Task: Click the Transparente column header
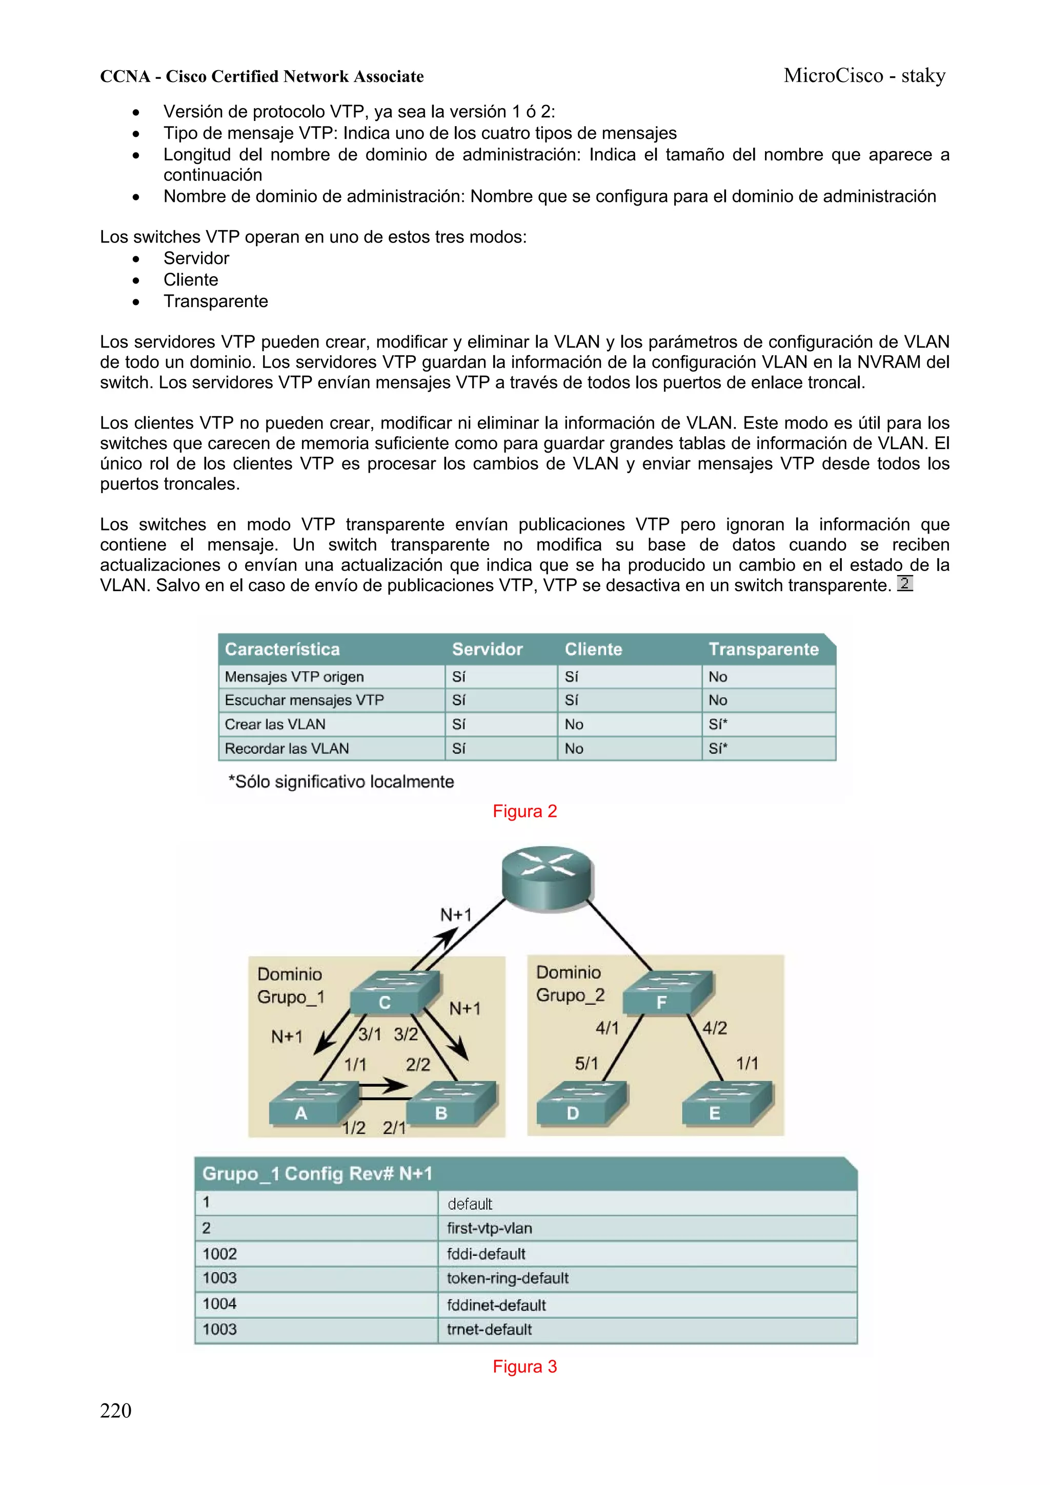click(x=763, y=649)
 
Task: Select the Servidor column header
click(x=487, y=649)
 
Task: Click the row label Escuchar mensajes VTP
click(x=304, y=700)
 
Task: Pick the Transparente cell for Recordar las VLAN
click(x=718, y=749)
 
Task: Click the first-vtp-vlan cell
click(x=489, y=1228)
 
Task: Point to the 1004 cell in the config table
click(x=219, y=1304)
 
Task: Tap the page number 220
click(x=116, y=1411)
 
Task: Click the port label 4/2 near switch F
click(x=714, y=1028)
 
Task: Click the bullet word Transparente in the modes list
click(x=215, y=301)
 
